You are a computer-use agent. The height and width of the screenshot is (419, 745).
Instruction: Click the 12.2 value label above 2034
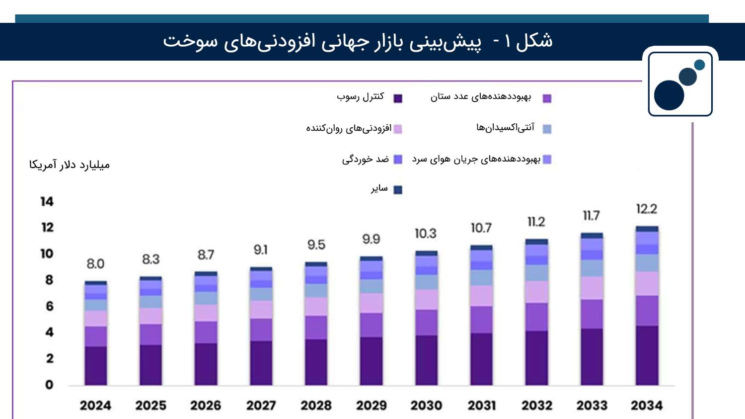point(647,209)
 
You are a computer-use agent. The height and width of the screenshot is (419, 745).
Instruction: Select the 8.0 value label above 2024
point(95,264)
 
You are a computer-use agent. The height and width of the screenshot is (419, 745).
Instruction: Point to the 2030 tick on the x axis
point(426,406)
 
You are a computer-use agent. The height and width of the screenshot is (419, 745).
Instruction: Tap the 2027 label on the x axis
point(261,406)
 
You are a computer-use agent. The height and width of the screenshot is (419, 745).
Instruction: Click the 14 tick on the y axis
point(47,202)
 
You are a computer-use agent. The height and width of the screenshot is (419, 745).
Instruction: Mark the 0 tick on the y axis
point(49,385)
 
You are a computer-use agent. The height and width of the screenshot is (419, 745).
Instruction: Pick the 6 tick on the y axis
point(49,306)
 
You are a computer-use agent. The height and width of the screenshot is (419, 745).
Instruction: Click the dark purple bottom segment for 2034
point(647,355)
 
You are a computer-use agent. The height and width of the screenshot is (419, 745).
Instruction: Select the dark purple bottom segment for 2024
point(95,366)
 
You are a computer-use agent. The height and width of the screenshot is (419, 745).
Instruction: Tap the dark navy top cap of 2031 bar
point(481,248)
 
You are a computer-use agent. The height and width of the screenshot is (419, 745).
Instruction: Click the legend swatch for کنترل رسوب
point(398,98)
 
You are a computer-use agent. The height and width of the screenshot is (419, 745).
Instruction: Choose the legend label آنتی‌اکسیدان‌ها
point(505,128)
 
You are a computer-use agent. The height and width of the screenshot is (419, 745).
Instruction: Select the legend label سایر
point(379,188)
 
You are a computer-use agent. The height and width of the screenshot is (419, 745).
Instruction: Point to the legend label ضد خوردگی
point(365,159)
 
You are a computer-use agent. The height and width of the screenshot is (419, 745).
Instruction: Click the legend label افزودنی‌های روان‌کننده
point(348,129)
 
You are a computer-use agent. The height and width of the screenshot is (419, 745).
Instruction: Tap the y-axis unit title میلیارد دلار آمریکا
point(70,165)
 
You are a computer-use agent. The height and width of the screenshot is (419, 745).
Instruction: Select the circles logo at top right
point(679,84)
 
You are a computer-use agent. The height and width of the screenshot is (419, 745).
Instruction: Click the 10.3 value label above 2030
point(426,234)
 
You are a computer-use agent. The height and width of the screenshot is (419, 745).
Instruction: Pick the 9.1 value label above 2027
point(260,250)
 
